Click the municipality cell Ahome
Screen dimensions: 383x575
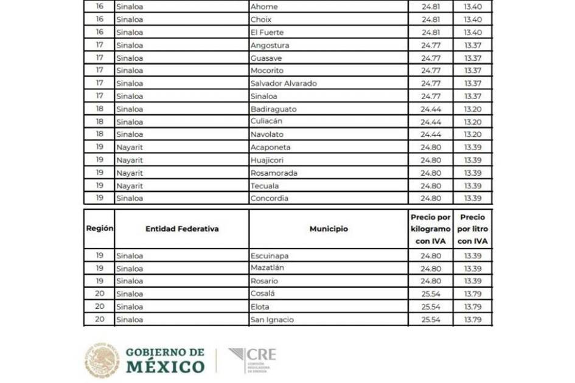[264, 7]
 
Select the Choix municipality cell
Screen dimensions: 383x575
[261, 19]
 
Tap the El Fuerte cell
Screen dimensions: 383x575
[267, 32]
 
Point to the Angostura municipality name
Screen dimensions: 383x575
[270, 45]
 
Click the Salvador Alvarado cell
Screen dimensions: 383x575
[284, 83]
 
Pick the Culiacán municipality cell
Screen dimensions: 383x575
[266, 122]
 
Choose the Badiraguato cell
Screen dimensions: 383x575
[273, 109]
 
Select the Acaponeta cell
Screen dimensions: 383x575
[270, 147]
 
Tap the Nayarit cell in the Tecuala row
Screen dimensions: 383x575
[130, 185]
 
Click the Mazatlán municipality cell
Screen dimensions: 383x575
[267, 268]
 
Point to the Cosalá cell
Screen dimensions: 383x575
[262, 294]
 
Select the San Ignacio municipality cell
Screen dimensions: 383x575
[272, 319]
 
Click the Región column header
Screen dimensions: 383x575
[99, 229]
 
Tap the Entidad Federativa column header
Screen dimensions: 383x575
[181, 229]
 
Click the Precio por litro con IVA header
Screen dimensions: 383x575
[473, 229]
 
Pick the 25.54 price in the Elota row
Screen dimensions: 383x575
[431, 306]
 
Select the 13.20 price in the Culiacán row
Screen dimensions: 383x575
[473, 122]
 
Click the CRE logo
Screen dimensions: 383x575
[252, 361]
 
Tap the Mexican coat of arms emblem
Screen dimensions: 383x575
[102, 360]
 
